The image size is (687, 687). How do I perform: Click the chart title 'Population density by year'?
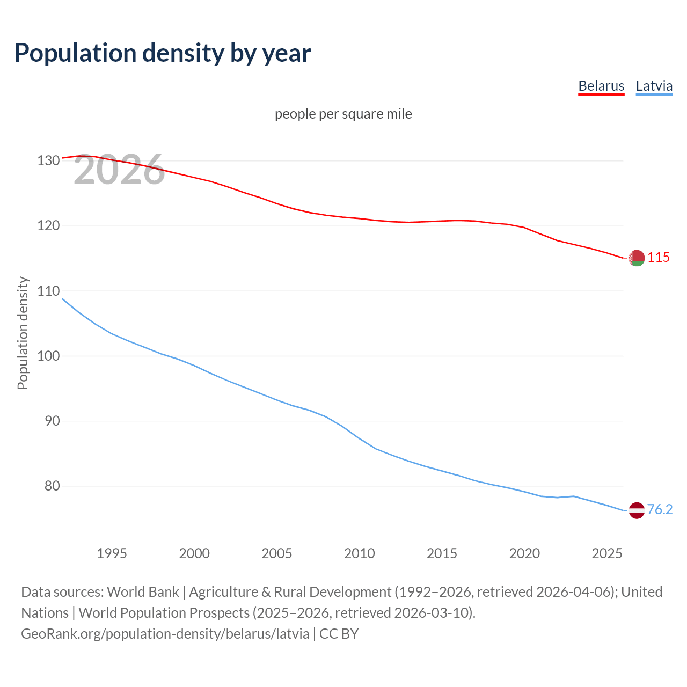pos(163,53)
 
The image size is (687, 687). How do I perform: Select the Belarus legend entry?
pos(601,86)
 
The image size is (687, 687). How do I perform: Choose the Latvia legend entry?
pos(654,86)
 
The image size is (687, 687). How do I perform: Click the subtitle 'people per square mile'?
pos(343,114)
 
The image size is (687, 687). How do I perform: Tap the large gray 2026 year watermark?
pos(119,170)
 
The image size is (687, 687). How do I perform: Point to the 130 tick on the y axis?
pos(48,160)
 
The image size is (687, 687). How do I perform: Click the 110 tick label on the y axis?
pos(48,291)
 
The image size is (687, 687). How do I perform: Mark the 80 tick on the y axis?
pos(52,486)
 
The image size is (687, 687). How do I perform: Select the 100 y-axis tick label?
pos(48,356)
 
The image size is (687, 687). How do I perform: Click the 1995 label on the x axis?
pos(112,553)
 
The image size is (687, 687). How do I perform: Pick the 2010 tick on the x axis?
pos(359,553)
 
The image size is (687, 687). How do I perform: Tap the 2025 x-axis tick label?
pos(606,553)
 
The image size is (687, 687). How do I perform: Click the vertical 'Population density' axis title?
pos(23,333)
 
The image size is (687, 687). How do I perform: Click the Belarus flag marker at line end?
pos(637,258)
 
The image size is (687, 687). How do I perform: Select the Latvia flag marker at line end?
pos(637,510)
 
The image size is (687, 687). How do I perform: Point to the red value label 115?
pos(659,258)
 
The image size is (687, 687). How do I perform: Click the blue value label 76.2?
pos(660,510)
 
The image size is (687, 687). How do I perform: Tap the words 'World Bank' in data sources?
pos(143,592)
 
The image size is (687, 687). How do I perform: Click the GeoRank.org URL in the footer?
pos(165,634)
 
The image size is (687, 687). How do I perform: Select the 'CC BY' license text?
pos(339,634)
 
